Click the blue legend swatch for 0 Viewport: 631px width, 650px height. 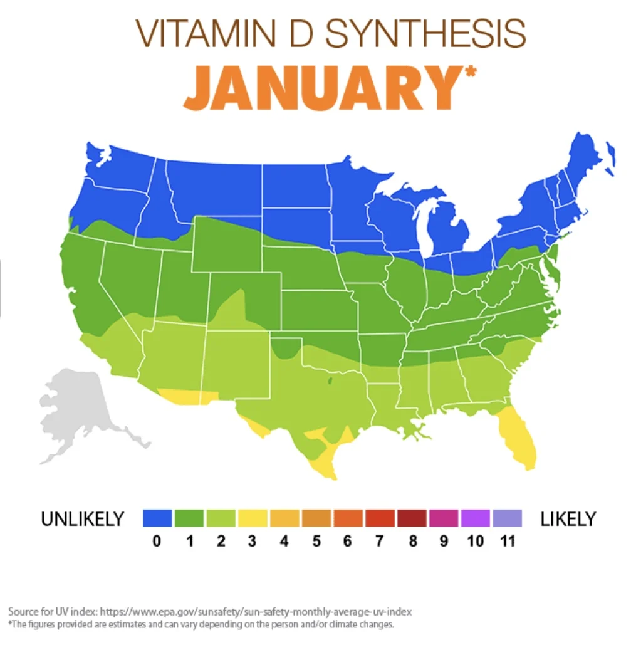157,518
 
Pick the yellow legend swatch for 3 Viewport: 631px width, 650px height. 253,518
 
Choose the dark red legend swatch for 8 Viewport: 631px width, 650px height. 412,518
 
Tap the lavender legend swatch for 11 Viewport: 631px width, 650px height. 508,518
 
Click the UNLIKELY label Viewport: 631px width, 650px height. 82,519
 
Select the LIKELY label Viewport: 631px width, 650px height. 568,519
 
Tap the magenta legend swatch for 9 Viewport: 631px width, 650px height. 444,518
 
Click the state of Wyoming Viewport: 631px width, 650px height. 226,244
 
